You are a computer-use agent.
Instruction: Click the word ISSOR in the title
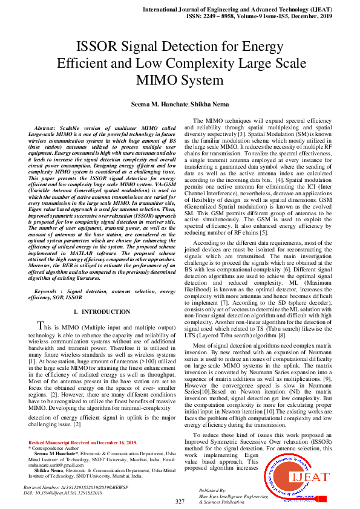pos(99,47)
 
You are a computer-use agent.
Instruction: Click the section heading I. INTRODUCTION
pos(101,311)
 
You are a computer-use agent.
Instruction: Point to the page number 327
pos(180,502)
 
